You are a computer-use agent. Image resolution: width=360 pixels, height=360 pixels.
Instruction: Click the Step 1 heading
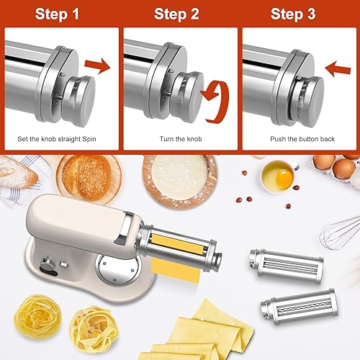pos(57,14)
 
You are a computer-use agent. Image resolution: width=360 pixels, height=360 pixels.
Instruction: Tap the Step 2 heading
pos(176,14)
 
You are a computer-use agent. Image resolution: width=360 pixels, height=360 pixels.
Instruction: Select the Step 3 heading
pos(293,14)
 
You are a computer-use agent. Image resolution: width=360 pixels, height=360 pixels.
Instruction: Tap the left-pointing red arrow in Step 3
pos(338,69)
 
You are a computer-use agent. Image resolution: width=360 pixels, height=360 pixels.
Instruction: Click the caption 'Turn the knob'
pos(181,139)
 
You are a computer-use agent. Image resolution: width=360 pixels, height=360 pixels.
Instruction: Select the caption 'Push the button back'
pos(302,139)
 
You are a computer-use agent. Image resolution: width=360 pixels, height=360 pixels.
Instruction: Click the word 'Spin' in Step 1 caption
pos(89,139)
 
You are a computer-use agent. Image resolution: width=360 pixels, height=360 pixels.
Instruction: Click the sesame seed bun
pos(87,178)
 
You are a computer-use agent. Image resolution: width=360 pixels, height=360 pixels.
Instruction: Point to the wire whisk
pos(341,233)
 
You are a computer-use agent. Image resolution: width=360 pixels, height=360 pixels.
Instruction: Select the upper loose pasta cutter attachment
pos(287,266)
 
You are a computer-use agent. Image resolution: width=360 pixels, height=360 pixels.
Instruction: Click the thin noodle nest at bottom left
pos(38,318)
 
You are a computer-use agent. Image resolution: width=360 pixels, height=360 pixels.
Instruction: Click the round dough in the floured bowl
pos(179,177)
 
